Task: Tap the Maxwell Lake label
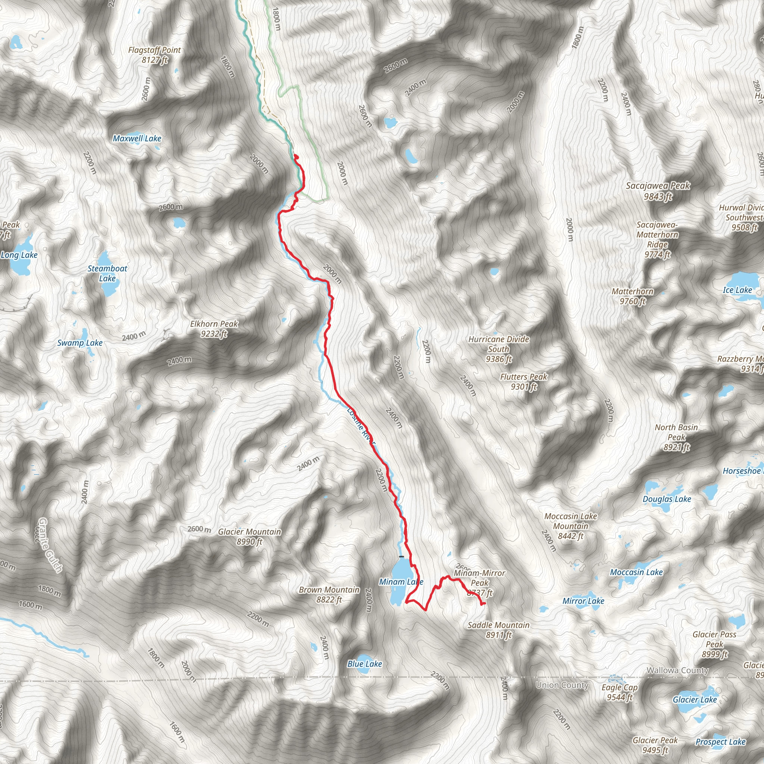click(137, 138)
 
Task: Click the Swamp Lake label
click(80, 343)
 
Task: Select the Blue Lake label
click(364, 664)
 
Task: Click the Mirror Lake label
click(583, 601)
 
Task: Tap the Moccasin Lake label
click(636, 572)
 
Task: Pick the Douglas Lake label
click(667, 499)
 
